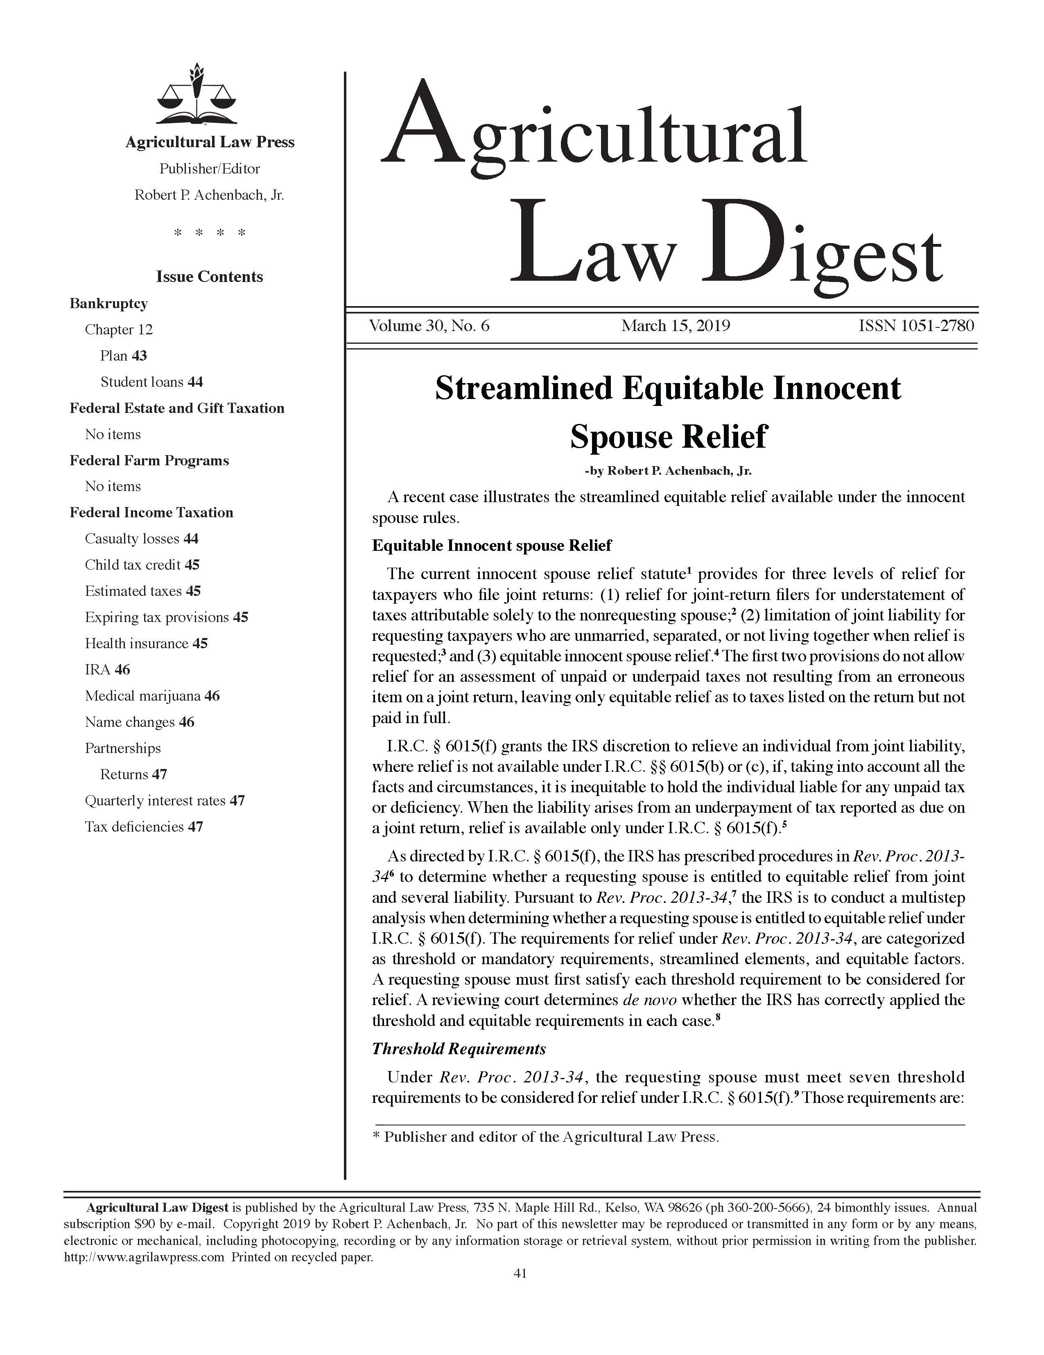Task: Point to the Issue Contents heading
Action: point(209,277)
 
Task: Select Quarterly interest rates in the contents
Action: point(165,801)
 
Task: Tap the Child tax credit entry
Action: point(142,565)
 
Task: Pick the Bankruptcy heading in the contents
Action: point(108,303)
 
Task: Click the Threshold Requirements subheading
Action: point(459,1048)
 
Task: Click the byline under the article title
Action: point(668,471)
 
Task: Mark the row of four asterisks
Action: point(210,233)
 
